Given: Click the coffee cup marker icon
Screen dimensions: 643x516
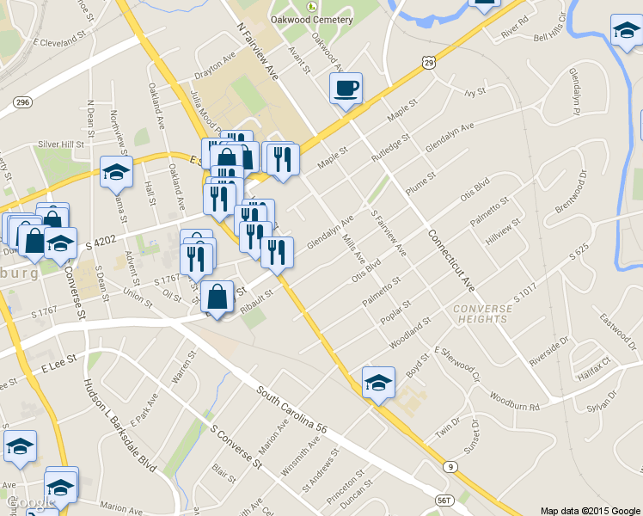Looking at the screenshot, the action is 346,89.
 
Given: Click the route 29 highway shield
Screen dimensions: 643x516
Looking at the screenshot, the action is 428,62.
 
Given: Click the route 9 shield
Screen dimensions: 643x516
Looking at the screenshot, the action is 450,466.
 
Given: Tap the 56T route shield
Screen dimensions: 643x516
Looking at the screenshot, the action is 444,499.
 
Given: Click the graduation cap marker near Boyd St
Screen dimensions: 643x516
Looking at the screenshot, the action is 377,383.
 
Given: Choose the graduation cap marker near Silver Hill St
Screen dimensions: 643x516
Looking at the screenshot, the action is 116,173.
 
